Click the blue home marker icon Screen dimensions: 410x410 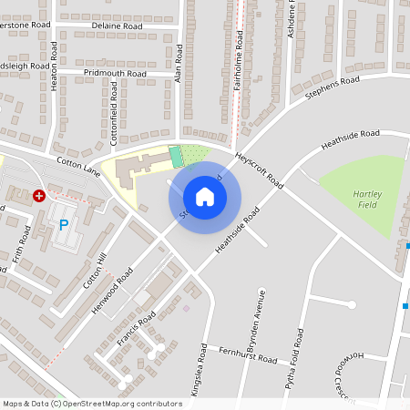[205, 196]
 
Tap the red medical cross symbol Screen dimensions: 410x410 [38, 195]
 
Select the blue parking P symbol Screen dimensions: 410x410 [64, 224]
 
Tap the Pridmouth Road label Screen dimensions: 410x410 [114, 73]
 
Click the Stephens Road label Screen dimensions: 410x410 [333, 88]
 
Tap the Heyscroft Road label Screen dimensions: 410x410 [260, 169]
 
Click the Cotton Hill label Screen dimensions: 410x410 [95, 271]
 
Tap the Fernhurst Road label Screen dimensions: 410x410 [248, 356]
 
